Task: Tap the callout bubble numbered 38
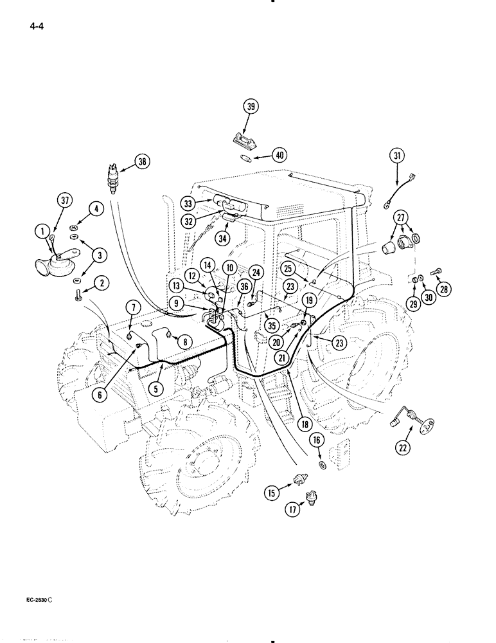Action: [142, 163]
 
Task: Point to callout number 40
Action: [279, 155]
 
